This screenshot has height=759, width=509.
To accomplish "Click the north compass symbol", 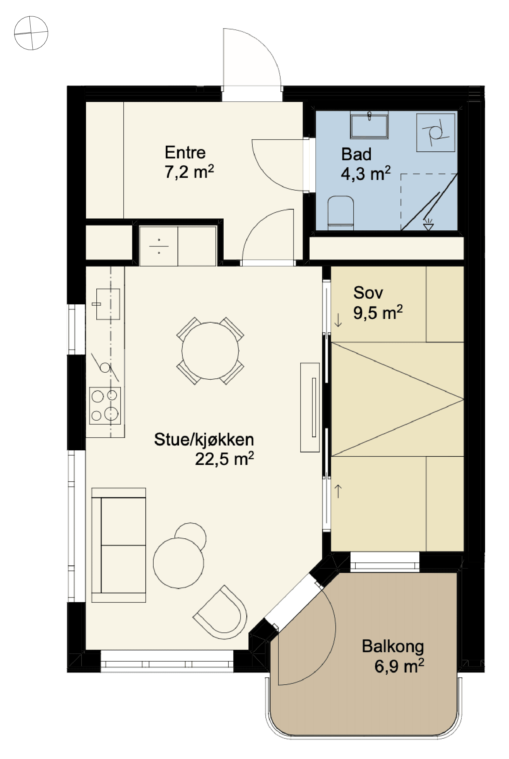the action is click(31, 33).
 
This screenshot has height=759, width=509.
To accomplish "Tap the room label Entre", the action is click(185, 152).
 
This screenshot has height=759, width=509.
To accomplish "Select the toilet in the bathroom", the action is click(341, 213).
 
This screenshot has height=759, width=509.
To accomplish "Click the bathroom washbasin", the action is click(369, 125).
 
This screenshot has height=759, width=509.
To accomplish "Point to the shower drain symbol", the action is click(428, 224).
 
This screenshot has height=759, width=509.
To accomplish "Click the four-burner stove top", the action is click(105, 405).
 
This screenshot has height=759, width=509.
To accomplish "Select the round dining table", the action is click(210, 351).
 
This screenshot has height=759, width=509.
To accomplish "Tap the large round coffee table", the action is click(178, 563).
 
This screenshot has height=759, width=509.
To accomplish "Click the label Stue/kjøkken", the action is click(204, 439).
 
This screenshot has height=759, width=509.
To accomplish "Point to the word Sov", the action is click(368, 293).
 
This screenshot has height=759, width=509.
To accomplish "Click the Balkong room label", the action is click(393, 646).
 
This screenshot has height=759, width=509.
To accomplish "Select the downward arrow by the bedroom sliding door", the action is click(338, 320).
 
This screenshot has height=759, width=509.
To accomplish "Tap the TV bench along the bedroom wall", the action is click(310, 407).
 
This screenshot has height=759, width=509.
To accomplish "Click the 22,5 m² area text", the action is click(224, 459).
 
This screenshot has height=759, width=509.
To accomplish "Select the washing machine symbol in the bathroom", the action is click(436, 132).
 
